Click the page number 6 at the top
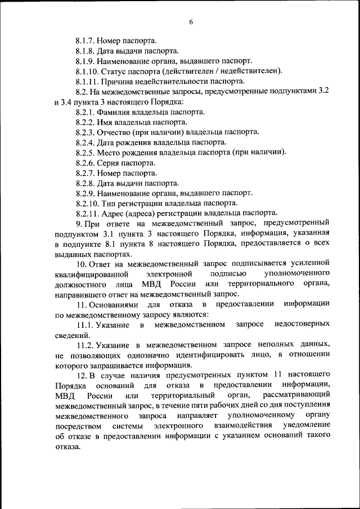point(191,22)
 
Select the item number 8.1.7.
point(85,41)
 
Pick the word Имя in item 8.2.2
point(108,122)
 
